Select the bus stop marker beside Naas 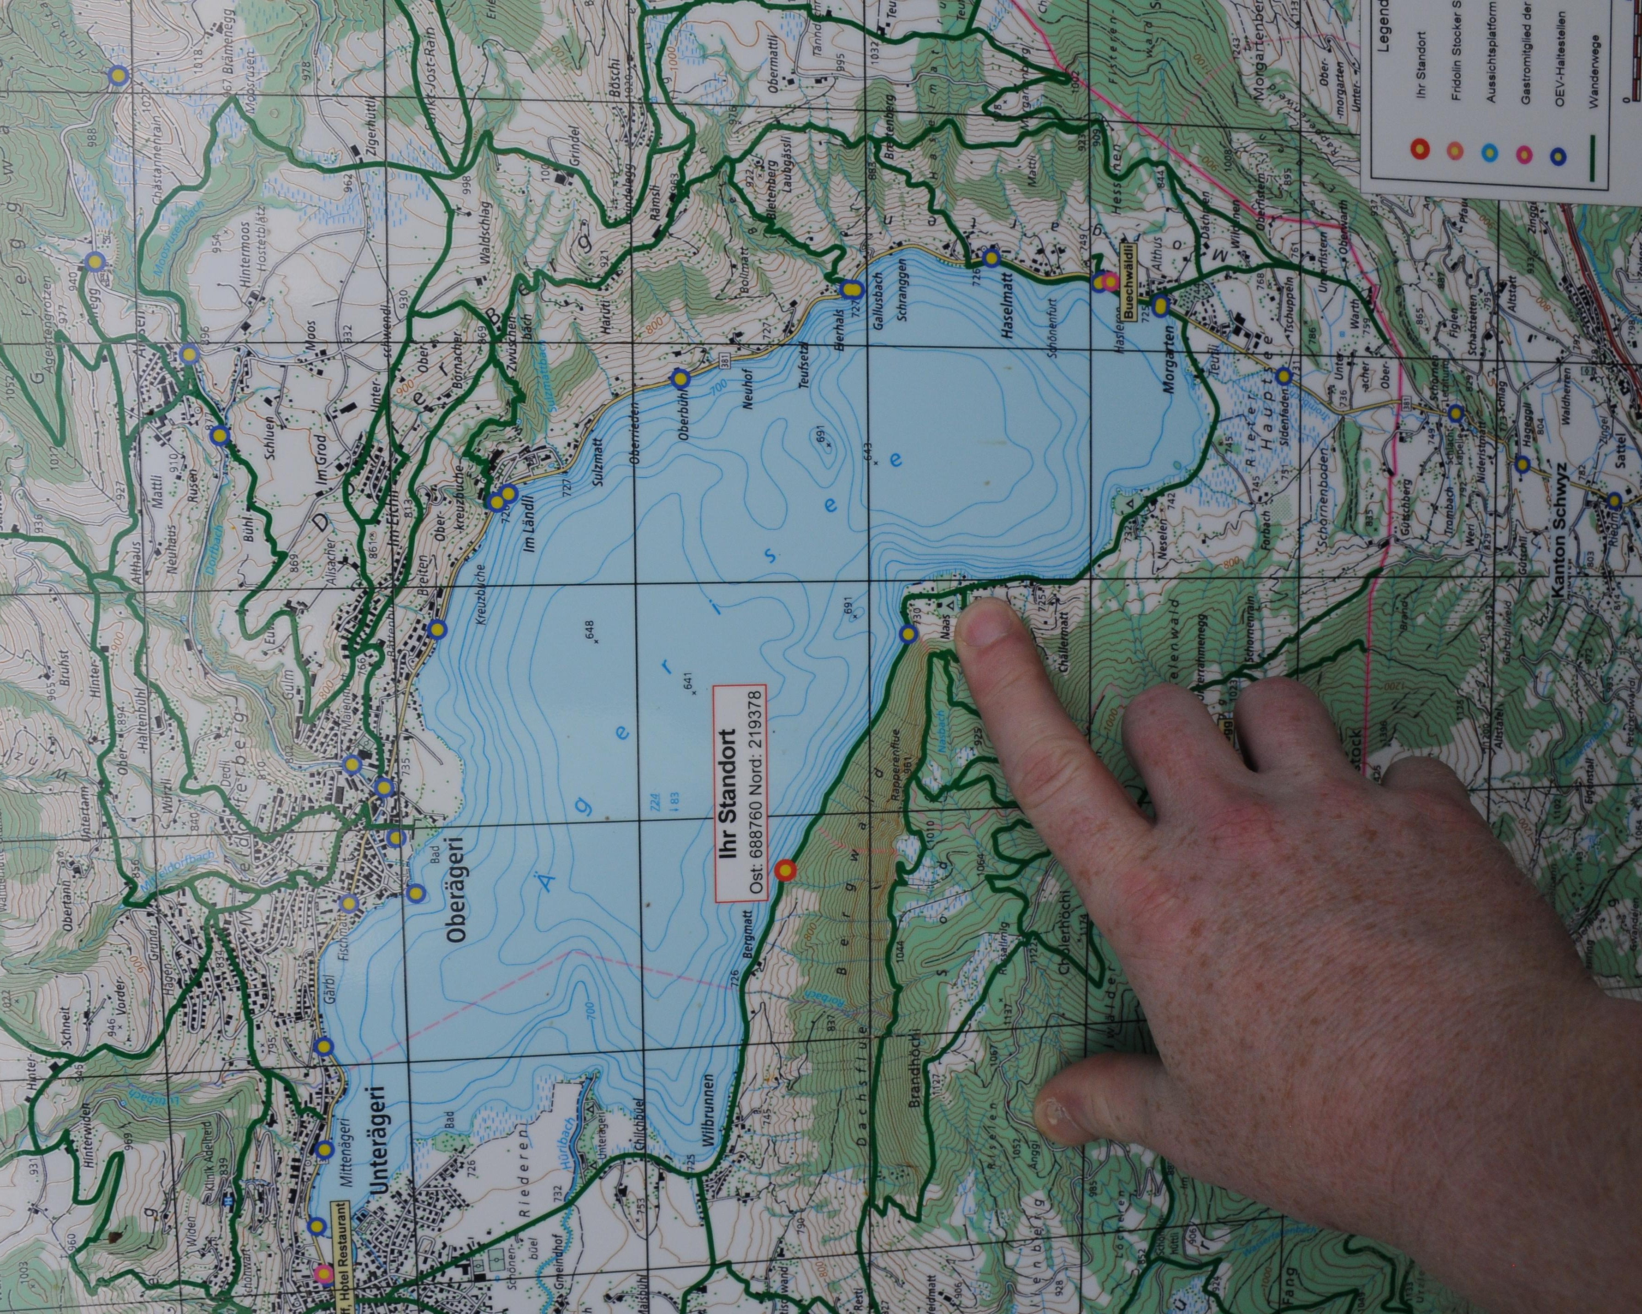907,634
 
